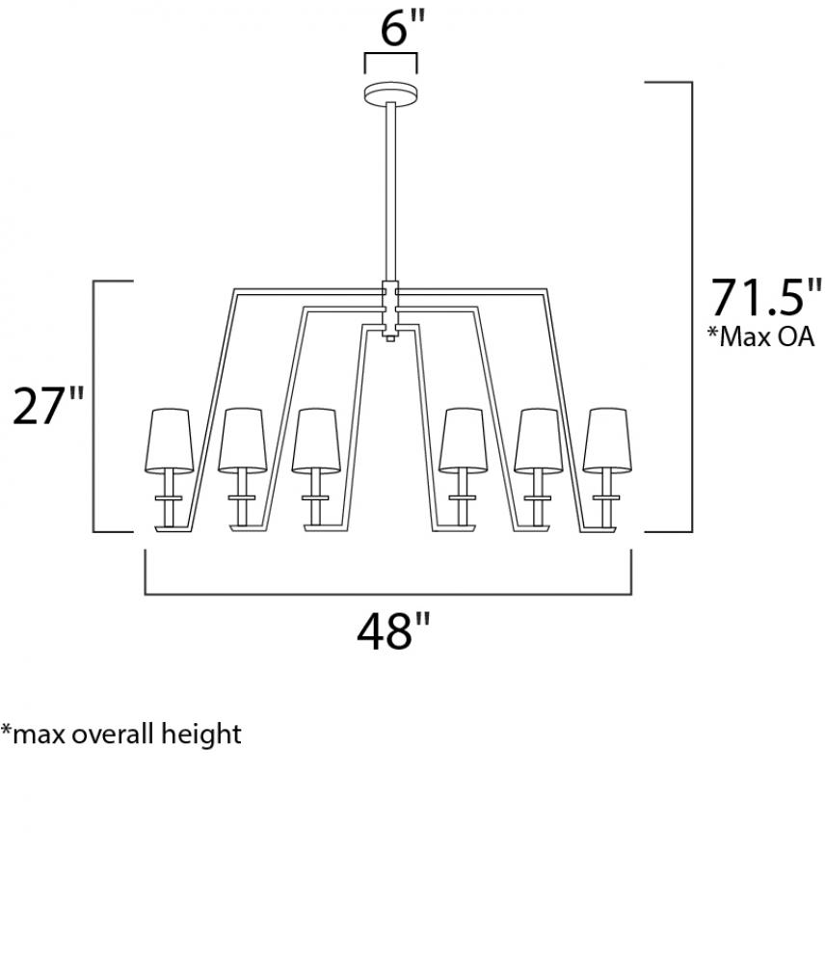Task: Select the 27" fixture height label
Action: [48, 405]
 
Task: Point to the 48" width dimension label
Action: [393, 631]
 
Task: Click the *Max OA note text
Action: [760, 336]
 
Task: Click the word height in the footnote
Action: [200, 735]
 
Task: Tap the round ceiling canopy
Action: [391, 94]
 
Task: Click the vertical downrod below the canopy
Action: [391, 191]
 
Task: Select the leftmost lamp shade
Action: [169, 441]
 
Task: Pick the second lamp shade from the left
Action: [243, 441]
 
